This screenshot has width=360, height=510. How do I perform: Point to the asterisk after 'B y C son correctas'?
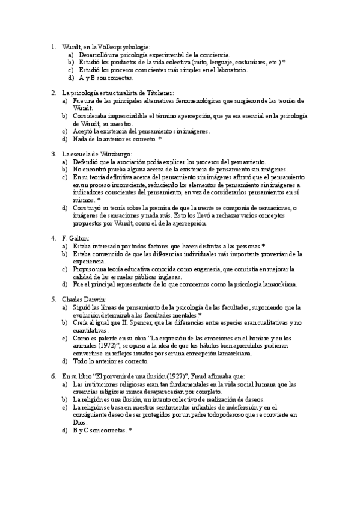click(x=130, y=431)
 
